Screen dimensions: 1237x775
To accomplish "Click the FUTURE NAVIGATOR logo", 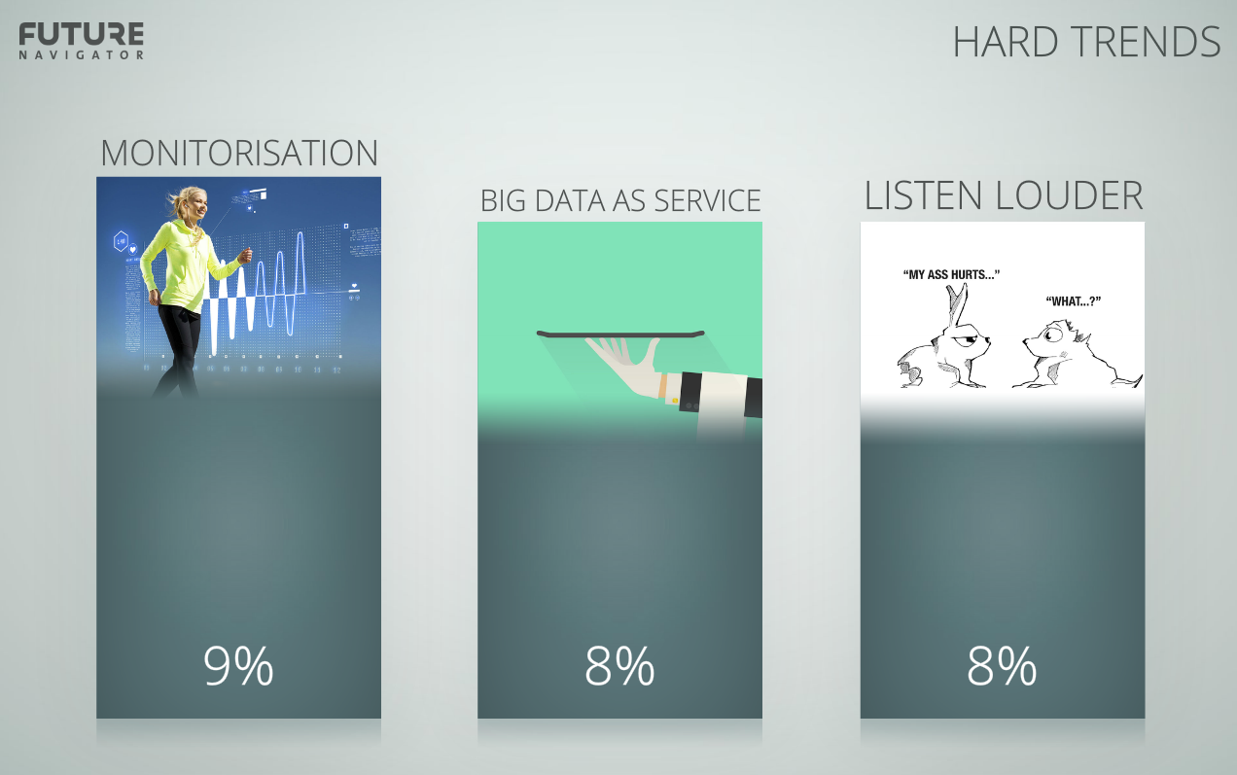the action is (81, 41).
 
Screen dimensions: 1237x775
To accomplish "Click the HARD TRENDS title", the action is (1086, 42).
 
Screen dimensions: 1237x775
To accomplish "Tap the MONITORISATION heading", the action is (239, 153).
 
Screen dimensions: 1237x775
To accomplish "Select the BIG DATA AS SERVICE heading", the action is (620, 200).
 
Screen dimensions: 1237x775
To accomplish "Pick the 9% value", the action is (238, 666).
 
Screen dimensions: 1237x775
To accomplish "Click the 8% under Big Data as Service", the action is (619, 666).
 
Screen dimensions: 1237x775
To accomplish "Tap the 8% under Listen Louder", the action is (1002, 666).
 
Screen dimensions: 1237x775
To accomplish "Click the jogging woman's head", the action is (191, 204).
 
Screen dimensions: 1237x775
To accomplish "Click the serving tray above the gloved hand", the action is (620, 334).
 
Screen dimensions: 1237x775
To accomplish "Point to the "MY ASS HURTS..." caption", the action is (951, 274).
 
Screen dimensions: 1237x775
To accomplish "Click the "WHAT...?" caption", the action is (1074, 301).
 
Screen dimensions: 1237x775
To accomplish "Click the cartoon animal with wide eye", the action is (1077, 353).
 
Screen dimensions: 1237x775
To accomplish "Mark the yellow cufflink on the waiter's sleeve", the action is (675, 401).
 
